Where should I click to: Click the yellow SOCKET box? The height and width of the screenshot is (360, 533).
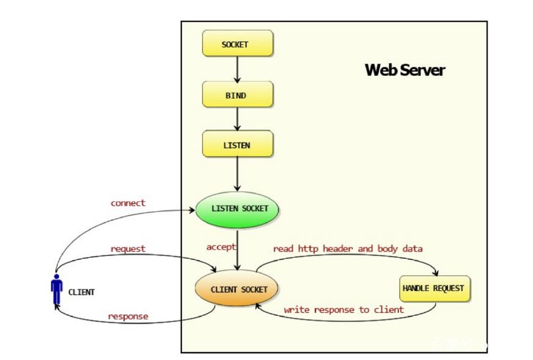pos(238,45)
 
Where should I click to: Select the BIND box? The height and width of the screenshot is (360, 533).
pos(238,95)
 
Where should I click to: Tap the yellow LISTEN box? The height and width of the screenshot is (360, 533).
pos(238,145)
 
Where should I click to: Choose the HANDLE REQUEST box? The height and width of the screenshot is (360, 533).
pos(434,288)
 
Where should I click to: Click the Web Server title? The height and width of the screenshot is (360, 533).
pos(404,70)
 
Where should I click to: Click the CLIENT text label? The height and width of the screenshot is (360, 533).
pos(81,292)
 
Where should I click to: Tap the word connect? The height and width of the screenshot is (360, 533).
pos(128,203)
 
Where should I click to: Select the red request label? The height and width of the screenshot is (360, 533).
pos(128,249)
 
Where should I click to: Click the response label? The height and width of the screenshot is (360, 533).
pos(128,317)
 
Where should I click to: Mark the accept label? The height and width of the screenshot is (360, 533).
pos(221,247)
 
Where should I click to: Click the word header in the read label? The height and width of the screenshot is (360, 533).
pos(333,249)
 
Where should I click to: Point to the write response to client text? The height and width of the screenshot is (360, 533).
pos(344,310)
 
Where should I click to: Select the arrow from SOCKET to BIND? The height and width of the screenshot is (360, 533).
pos(238,69)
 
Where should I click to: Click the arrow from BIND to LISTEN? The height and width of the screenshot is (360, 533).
pos(238,119)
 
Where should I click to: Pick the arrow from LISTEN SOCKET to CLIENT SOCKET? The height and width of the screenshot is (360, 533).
pos(238,247)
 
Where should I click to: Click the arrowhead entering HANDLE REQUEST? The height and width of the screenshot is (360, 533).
pos(436,273)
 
